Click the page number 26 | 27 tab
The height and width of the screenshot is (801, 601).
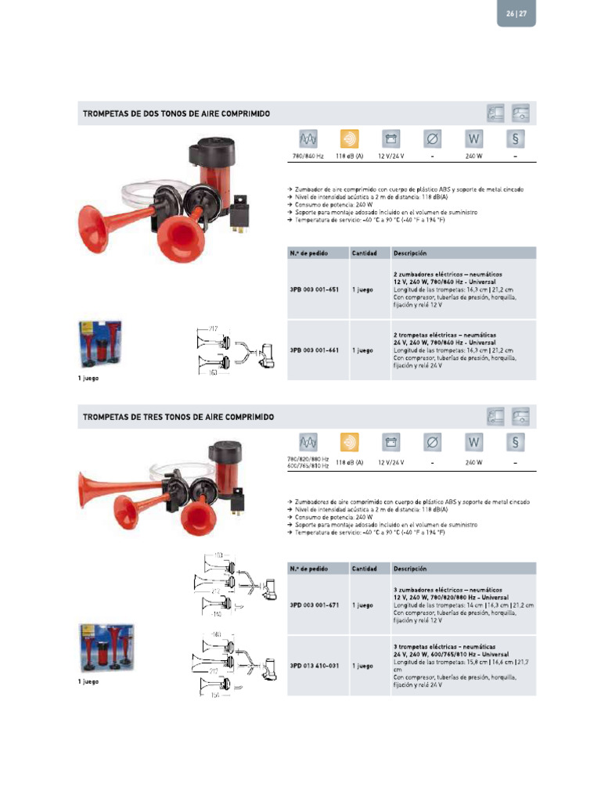coord(516,13)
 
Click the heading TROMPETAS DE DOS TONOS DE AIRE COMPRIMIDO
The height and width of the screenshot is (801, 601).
coord(177,114)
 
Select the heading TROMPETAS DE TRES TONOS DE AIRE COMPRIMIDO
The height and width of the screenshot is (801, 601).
coord(178,417)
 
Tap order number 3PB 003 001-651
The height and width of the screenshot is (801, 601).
coord(314,289)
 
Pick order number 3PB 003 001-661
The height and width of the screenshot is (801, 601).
coord(314,350)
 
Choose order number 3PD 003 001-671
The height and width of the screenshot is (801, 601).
coord(314,605)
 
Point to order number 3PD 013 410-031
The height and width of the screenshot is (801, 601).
coord(314,666)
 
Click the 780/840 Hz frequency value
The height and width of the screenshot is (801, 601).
coord(308,156)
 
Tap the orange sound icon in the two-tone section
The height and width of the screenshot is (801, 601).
coord(349,139)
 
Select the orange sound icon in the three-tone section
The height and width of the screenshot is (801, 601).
coord(349,442)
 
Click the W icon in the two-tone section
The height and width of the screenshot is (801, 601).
coord(473,139)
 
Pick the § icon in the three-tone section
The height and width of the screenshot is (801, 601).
coord(515,442)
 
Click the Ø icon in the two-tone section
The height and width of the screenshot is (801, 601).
coord(432,139)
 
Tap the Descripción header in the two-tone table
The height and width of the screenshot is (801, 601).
coord(410,253)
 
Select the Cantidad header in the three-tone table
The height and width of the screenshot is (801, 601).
coord(365,569)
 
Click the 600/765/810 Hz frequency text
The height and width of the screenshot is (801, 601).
coord(308,466)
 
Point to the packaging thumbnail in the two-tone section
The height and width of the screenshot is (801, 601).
coord(99,344)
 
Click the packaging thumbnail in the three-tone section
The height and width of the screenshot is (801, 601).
coord(106,648)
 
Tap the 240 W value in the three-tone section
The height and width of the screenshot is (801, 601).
coord(473,462)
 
